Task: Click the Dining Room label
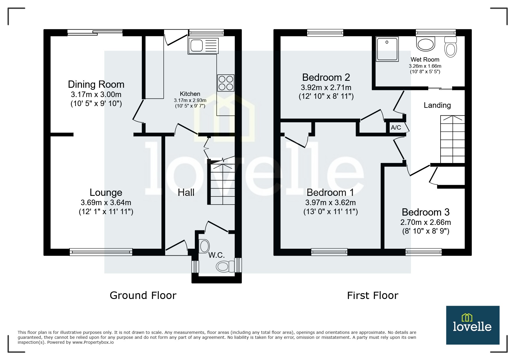(96, 84)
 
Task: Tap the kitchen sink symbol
(203, 46)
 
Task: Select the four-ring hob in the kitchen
(226, 83)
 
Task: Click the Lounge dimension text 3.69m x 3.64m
(106, 203)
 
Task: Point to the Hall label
(186, 192)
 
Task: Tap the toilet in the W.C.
(226, 266)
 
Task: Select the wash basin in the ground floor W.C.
(204, 246)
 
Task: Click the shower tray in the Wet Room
(387, 49)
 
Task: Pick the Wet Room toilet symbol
(450, 48)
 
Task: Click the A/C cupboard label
(396, 127)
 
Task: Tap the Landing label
(437, 105)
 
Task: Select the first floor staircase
(452, 139)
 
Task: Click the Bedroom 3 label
(425, 212)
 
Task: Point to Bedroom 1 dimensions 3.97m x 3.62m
(330, 203)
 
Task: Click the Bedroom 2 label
(326, 77)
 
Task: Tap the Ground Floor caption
(143, 295)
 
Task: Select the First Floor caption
(373, 295)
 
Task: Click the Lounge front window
(101, 252)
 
